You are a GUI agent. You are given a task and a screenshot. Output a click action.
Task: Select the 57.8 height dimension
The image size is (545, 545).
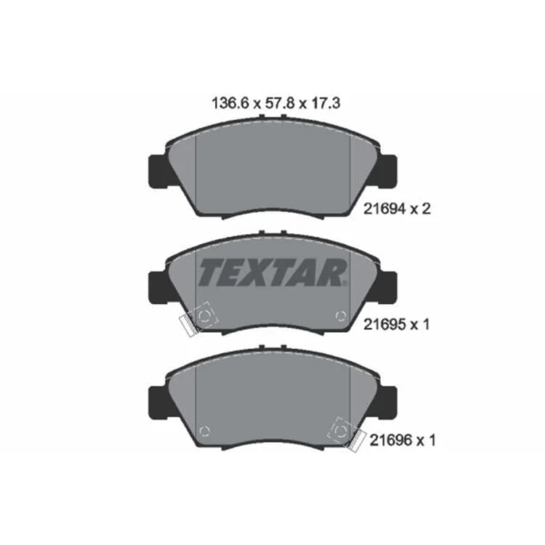click(280, 103)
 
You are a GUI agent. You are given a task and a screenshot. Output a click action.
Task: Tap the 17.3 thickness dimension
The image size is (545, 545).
click(325, 103)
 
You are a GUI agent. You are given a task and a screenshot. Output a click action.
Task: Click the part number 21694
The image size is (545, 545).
click(384, 209)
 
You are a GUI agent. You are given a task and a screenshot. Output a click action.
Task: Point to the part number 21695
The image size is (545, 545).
click(384, 325)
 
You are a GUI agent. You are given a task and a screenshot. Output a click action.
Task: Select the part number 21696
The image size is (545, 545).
click(391, 440)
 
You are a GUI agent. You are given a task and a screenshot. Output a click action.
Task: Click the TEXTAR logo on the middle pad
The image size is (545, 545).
click(272, 272)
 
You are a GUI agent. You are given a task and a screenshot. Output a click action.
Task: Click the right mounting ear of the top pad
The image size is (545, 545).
click(387, 171)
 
